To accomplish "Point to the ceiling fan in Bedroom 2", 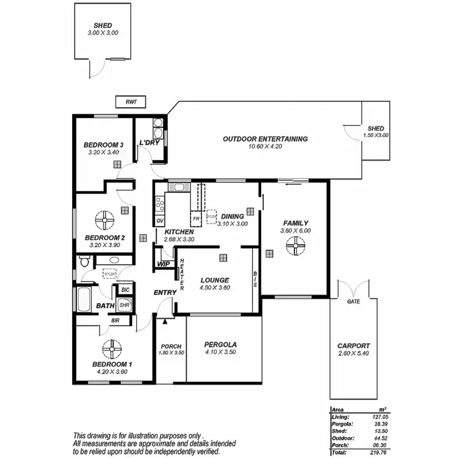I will (105, 220).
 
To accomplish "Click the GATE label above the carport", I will (353, 302).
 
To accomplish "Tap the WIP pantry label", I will (163, 264).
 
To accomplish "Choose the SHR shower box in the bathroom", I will (124, 304).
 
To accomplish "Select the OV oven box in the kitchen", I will (160, 220).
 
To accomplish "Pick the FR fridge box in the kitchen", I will (197, 218).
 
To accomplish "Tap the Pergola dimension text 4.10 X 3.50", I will (220, 352).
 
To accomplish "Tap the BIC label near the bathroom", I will (125, 289).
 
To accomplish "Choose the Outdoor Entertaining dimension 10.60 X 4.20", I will (265, 147).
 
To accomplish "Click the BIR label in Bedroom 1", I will (115, 319).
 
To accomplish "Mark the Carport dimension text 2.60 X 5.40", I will (354, 354).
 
